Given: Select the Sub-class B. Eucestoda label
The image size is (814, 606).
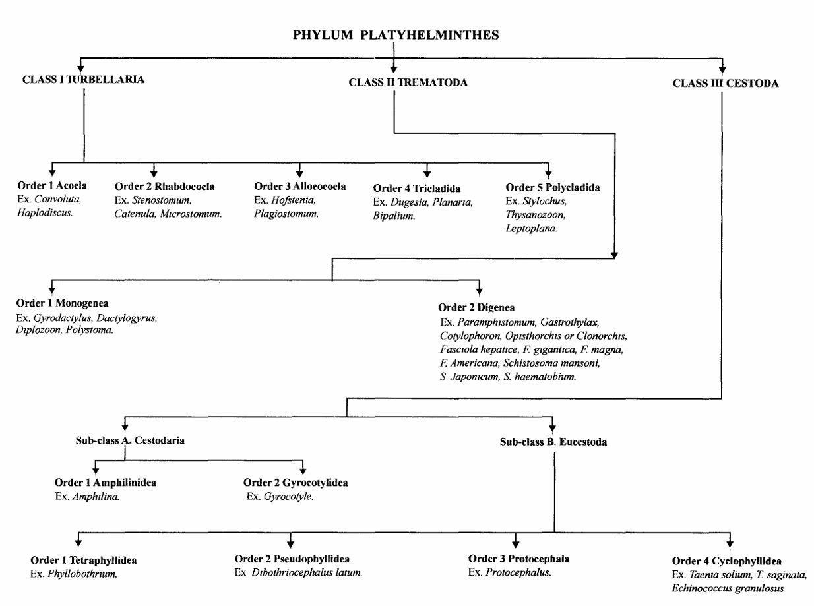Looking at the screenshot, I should coord(553,442).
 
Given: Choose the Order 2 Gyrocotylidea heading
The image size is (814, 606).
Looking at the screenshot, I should coord(296,483).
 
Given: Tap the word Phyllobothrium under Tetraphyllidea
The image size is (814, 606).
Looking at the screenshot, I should coord(84,572).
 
